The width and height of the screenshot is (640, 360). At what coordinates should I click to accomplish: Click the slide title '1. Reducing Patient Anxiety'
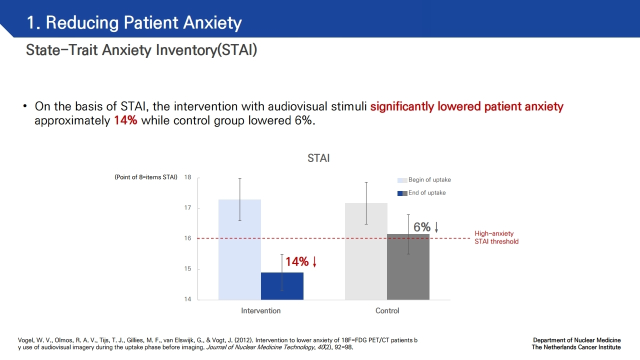click(134, 23)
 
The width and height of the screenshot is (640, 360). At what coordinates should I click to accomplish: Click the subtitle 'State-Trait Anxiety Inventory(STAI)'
click(141, 50)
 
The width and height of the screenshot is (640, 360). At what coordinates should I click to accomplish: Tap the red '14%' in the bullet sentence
click(125, 121)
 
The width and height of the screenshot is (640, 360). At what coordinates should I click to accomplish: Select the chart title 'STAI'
click(318, 158)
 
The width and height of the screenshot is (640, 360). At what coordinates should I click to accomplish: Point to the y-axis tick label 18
click(187, 177)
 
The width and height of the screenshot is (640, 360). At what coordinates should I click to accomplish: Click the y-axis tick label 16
click(187, 238)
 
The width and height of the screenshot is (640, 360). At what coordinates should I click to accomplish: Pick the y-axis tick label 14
click(187, 299)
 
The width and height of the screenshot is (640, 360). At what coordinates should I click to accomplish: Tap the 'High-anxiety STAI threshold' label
click(496, 237)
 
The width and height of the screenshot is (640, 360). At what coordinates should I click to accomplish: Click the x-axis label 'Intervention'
click(261, 311)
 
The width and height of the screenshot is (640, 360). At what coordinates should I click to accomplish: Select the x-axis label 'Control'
click(387, 311)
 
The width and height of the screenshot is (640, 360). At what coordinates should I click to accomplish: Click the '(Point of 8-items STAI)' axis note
click(146, 177)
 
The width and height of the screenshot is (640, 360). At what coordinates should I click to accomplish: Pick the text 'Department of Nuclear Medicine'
click(576, 340)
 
